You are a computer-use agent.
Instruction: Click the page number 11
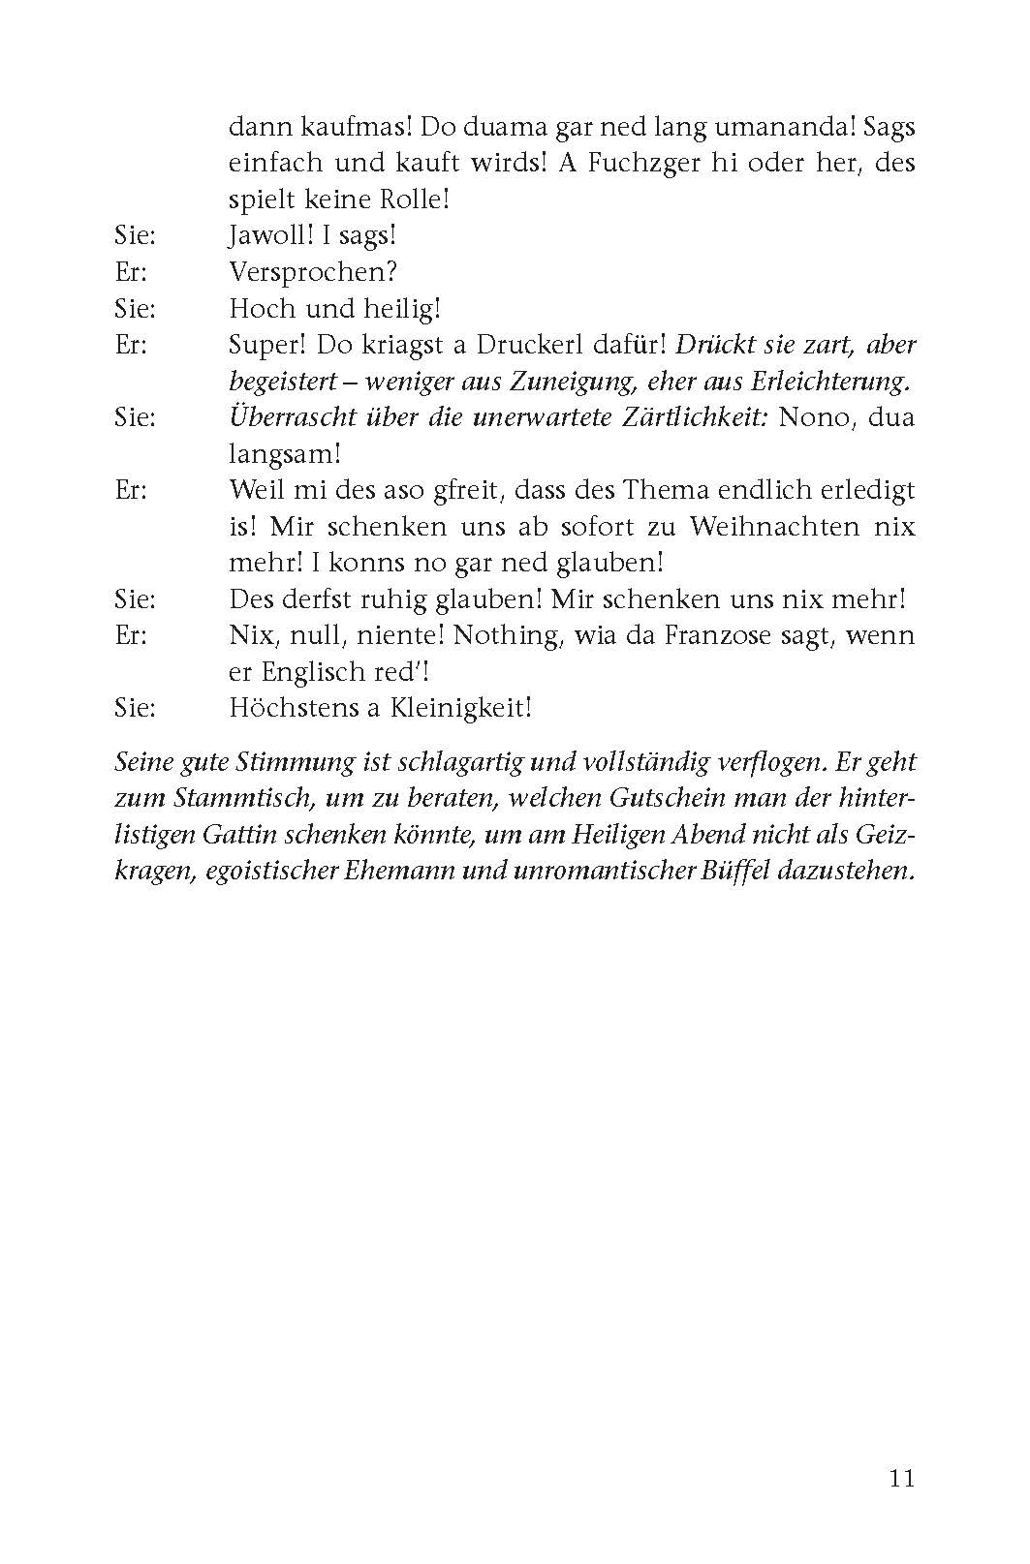tap(900, 1479)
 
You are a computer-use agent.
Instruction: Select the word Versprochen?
tap(313, 272)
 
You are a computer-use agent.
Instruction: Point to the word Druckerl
tap(511, 345)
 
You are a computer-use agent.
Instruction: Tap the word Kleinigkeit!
tap(461, 708)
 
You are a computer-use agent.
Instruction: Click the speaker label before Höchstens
tap(135, 708)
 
